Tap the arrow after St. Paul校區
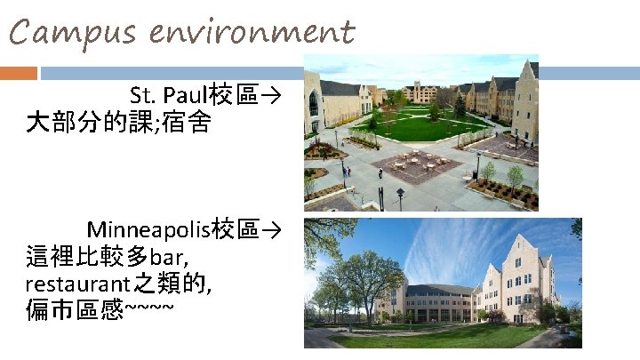point(271,95)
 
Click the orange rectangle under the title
point(19,73)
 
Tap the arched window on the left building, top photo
point(313,103)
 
